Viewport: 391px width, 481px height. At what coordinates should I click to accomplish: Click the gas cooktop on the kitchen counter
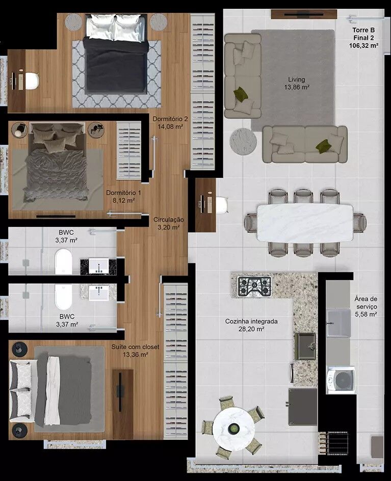pyautogui.click(x=254, y=286)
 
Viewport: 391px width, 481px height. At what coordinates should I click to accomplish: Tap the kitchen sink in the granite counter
pyautogui.click(x=305, y=346)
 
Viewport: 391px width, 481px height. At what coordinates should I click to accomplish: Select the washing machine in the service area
pyautogui.click(x=341, y=380)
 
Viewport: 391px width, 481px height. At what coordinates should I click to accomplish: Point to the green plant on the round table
pyautogui.click(x=234, y=428)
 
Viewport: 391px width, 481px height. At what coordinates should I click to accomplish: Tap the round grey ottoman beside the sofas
pyautogui.click(x=243, y=142)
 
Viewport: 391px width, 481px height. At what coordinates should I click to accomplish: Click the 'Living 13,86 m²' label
pyautogui.click(x=297, y=83)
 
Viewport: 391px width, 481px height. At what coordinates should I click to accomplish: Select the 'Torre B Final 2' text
pyautogui.click(x=363, y=34)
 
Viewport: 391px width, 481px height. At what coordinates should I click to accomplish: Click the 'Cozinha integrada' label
pyautogui.click(x=251, y=322)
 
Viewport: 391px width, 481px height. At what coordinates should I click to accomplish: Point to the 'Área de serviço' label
pyautogui.click(x=366, y=303)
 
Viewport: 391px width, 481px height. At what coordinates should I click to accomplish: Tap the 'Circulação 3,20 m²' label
pyautogui.click(x=169, y=223)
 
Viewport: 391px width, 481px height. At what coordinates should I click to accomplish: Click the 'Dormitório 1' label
pyautogui.click(x=124, y=193)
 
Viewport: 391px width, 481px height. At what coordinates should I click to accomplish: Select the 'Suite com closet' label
pyautogui.click(x=136, y=347)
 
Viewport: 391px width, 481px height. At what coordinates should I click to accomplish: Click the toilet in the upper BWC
pyautogui.click(x=64, y=262)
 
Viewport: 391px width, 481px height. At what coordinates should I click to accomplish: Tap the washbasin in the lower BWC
pyautogui.click(x=98, y=292)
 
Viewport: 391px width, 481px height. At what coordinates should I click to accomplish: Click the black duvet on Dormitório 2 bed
pyautogui.click(x=116, y=65)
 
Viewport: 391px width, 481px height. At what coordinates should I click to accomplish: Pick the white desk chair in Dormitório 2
pyautogui.click(x=32, y=81)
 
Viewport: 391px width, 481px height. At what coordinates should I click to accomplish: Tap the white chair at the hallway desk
pyautogui.click(x=222, y=205)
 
